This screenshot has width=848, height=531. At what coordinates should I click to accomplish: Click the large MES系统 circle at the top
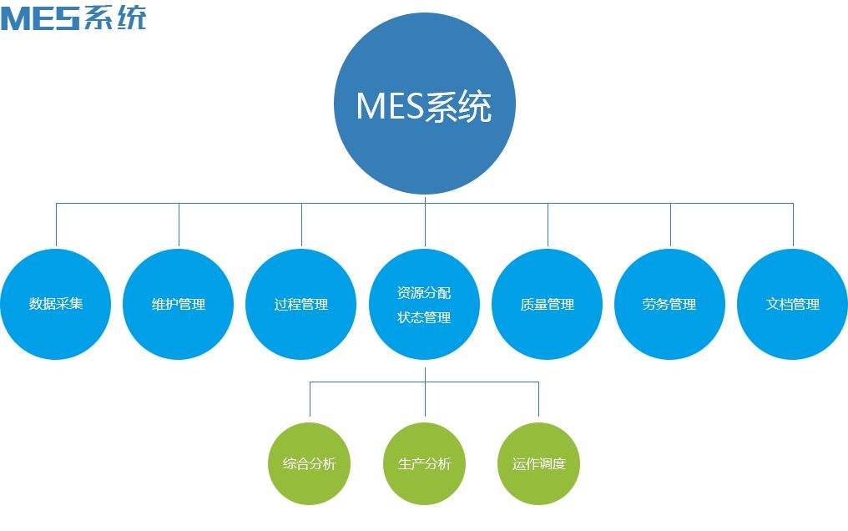click(424, 107)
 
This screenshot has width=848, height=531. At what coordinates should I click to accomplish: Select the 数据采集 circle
click(56, 304)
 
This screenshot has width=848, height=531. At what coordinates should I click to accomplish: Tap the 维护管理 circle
click(179, 304)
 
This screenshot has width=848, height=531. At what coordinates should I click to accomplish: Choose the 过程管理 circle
click(301, 304)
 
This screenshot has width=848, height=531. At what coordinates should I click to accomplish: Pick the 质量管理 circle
click(548, 304)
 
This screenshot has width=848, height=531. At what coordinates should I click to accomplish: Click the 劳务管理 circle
click(669, 304)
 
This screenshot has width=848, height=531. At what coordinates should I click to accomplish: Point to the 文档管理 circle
click(792, 304)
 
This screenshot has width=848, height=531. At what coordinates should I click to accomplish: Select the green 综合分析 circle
click(310, 463)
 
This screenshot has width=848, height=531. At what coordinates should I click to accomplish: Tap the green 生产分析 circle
click(424, 463)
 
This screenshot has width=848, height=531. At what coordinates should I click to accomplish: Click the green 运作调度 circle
click(538, 463)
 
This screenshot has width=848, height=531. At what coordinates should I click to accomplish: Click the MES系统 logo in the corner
click(73, 17)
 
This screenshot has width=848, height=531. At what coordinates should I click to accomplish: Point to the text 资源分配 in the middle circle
click(424, 294)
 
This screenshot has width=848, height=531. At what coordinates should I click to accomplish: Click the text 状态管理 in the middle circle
click(424, 317)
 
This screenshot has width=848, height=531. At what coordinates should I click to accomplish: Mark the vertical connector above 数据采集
click(56, 225)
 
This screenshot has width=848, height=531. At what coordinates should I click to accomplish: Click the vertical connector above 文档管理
click(793, 225)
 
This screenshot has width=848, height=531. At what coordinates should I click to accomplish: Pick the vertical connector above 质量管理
click(548, 225)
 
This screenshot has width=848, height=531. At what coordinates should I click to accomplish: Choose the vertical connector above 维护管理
click(179, 225)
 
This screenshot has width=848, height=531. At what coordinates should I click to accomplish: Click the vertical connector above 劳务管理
click(670, 225)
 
